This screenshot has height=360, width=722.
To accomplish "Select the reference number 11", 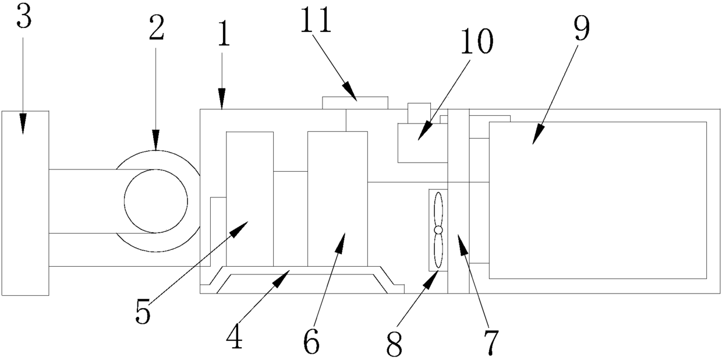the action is click(x=316, y=21).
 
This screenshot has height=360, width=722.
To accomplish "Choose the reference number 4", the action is click(x=234, y=338).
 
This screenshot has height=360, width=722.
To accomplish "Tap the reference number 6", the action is click(x=312, y=343).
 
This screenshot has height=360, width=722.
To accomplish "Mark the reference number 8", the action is click(x=394, y=345).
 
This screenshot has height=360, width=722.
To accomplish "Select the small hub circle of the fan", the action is click(x=438, y=231).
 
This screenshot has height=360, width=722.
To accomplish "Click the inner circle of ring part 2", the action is click(x=156, y=201).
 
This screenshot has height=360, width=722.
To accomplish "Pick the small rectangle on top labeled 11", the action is click(x=355, y=103).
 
